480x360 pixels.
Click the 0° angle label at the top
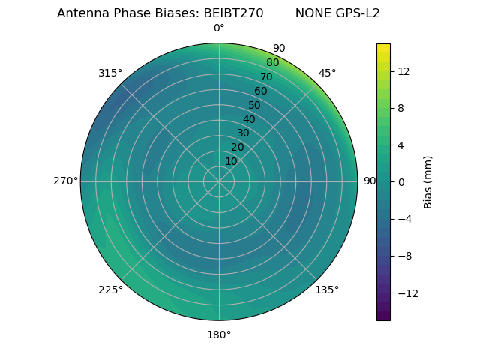click(219, 28)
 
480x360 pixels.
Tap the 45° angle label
click(327, 73)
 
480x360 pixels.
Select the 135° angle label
click(327, 289)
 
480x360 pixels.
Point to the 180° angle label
click(219, 334)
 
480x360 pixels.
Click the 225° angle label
click(110, 289)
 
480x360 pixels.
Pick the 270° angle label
click(65, 181)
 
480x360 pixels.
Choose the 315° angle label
click(110, 73)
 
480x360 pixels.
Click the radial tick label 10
click(231, 161)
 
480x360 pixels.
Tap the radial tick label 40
click(249, 119)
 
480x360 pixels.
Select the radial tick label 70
click(266, 76)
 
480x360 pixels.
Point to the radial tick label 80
click(272, 63)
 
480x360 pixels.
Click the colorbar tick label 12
click(403, 71)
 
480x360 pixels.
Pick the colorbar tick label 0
click(400, 181)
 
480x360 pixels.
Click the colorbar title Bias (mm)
click(428, 181)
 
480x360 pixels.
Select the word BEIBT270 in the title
click(233, 13)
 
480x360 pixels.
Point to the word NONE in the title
click(311, 13)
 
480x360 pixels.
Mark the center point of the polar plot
click(219, 181)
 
